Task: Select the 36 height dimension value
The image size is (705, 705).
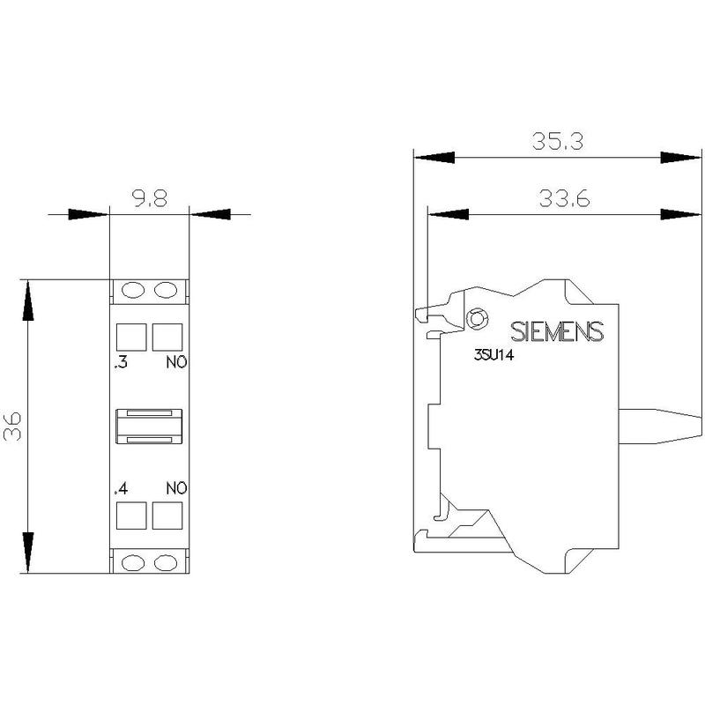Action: coord(12,426)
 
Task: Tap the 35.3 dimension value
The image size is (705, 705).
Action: coord(558,141)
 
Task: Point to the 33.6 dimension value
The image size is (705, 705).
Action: coord(564,198)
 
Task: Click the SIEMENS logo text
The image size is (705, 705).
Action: coord(557,332)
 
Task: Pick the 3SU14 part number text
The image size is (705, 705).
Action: coord(493,355)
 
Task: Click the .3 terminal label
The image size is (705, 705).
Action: coord(121,362)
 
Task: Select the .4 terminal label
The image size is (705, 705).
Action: coord(121,488)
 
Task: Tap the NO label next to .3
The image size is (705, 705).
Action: coord(176,362)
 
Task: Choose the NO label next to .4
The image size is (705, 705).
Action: coord(176,488)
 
